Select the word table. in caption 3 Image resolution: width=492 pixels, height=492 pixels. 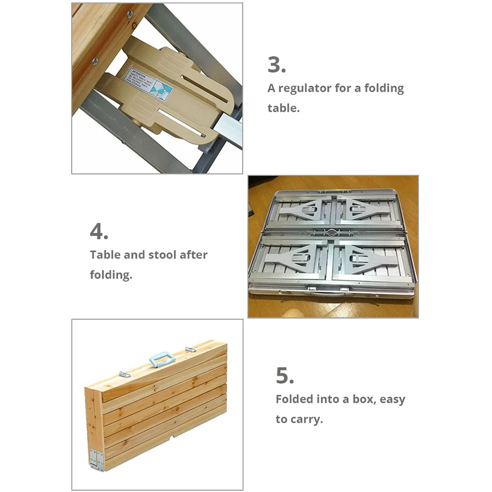click(283, 108)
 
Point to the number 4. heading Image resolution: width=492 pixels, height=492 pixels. click(99, 232)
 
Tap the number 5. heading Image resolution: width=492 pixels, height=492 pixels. click(285, 376)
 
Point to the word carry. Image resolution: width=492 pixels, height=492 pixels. click(307, 420)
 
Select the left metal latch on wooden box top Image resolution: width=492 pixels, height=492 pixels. click(124, 374)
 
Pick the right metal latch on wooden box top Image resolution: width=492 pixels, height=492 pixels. click(190, 349)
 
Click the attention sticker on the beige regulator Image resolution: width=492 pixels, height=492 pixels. click(148, 84)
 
